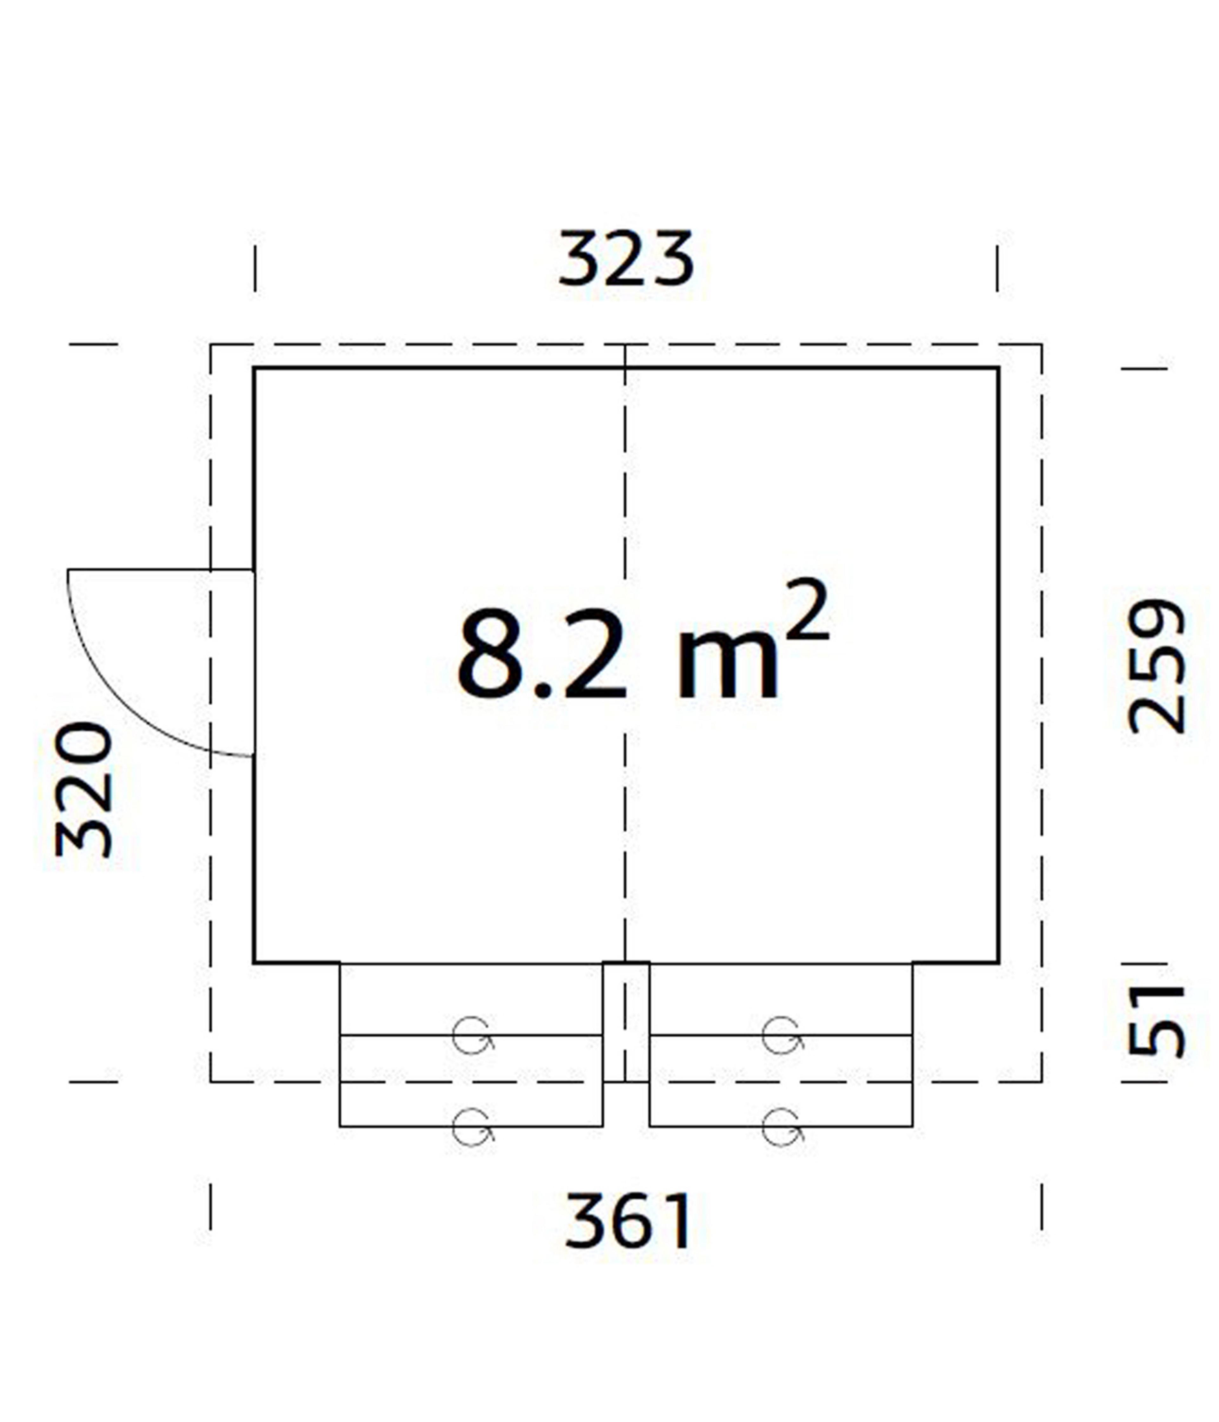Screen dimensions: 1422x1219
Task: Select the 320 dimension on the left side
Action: coord(84,789)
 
